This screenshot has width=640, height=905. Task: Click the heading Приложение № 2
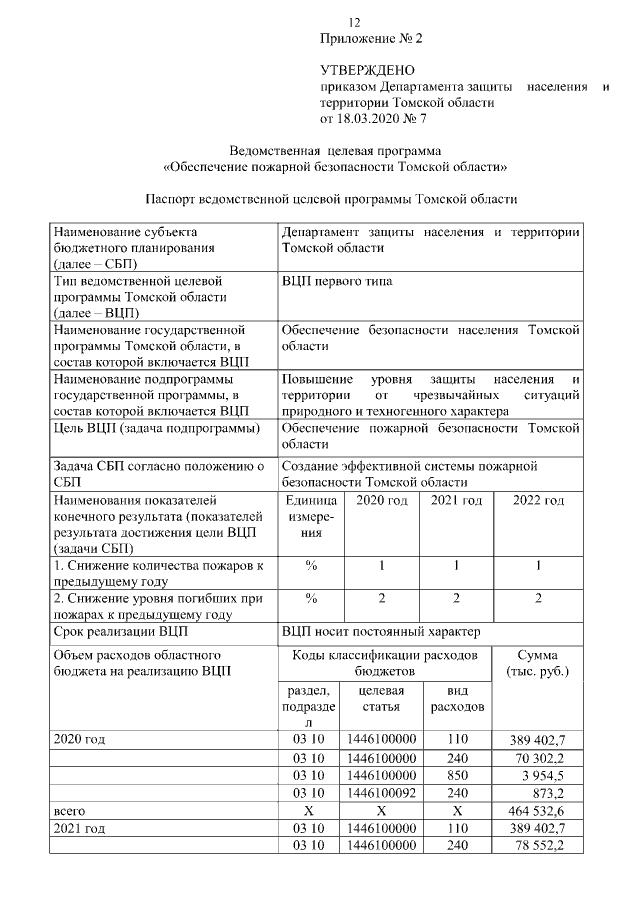(x=371, y=39)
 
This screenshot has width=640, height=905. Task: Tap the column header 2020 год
(x=382, y=500)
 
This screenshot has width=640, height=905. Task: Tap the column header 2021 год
(x=456, y=500)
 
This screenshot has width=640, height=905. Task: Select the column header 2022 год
(x=538, y=500)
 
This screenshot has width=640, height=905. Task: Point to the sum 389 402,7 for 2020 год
(x=538, y=739)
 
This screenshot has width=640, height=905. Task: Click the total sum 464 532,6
(x=538, y=811)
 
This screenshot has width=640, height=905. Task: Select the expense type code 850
(x=456, y=775)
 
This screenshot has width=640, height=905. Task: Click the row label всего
(x=69, y=811)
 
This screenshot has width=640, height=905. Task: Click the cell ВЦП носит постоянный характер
(x=381, y=632)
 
